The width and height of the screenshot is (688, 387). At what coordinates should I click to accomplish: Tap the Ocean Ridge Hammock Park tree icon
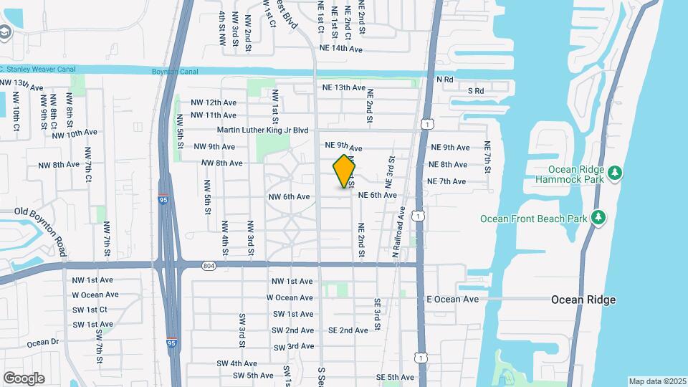click(x=614, y=173)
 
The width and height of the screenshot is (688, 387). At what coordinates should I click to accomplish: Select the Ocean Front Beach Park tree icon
click(x=598, y=217)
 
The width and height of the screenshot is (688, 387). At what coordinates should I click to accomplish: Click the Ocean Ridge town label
click(x=583, y=300)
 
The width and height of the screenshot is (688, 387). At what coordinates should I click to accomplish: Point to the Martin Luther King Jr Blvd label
click(x=262, y=130)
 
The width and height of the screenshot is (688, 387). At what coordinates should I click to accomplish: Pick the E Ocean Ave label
click(x=452, y=299)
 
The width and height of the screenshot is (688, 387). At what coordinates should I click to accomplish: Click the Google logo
click(x=24, y=378)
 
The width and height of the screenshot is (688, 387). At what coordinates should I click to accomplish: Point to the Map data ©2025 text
click(x=656, y=381)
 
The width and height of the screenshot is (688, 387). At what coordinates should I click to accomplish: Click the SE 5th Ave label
click(x=396, y=377)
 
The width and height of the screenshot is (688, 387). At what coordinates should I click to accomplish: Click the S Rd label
click(x=476, y=91)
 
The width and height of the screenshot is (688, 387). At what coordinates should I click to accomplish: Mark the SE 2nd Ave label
click(x=348, y=330)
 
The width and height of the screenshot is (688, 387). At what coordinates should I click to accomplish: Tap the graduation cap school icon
click(x=6, y=32)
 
